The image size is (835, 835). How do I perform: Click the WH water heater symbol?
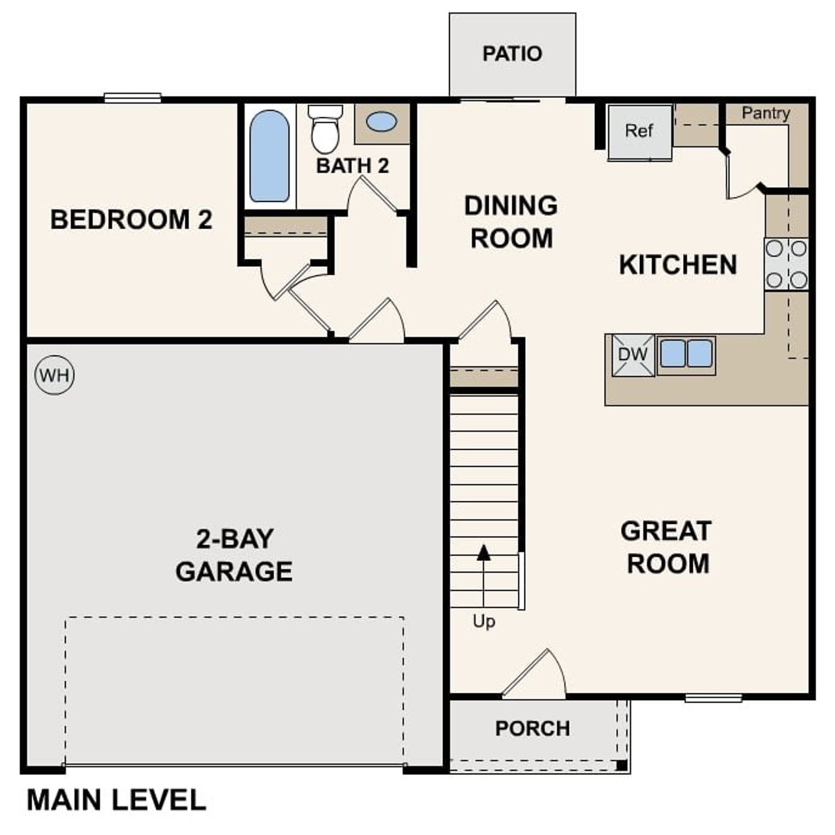pos(55,375)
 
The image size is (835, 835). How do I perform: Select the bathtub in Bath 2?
pos(269,156)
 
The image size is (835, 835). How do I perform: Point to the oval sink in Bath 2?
pos(381,121)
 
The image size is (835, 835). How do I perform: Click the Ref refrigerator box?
pos(639,132)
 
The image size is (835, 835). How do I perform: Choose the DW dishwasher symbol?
pos(633,356)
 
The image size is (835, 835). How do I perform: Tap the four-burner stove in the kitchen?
pos(786,264)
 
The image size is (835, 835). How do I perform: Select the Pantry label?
pos(766,114)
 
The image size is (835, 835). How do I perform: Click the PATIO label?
pos(512,53)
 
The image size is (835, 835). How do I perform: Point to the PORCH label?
pos(532,728)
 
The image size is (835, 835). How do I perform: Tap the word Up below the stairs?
pos(483,622)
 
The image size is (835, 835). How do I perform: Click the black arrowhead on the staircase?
pos(483,553)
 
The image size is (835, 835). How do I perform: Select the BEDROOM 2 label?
pos(131,220)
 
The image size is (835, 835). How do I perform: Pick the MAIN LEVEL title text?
pos(116,800)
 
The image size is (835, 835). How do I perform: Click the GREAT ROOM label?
pos(666,547)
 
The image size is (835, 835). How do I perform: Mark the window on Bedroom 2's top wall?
pos(132,98)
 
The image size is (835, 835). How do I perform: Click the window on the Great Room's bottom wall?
pos(713,698)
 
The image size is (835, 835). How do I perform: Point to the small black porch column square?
pos(622,765)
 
